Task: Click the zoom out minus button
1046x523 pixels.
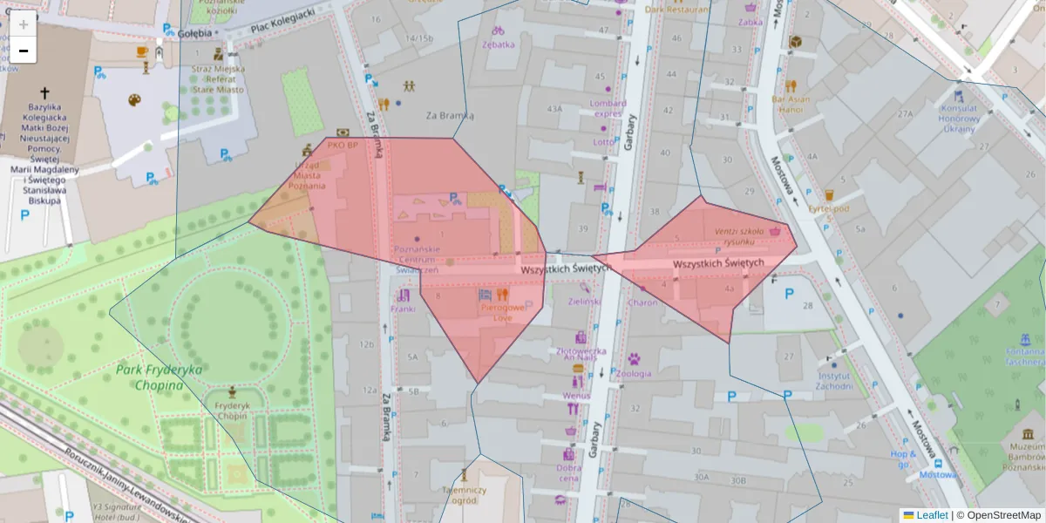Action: tap(24, 51)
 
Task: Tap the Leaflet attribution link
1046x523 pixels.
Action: tap(931, 515)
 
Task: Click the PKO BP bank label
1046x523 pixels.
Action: tap(343, 145)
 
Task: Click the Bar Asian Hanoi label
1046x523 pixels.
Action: tap(791, 104)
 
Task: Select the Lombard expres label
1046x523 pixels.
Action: tap(608, 109)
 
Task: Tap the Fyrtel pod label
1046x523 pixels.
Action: tap(828, 208)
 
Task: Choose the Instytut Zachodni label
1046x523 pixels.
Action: tap(834, 380)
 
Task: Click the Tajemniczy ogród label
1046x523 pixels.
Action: tap(464, 495)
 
